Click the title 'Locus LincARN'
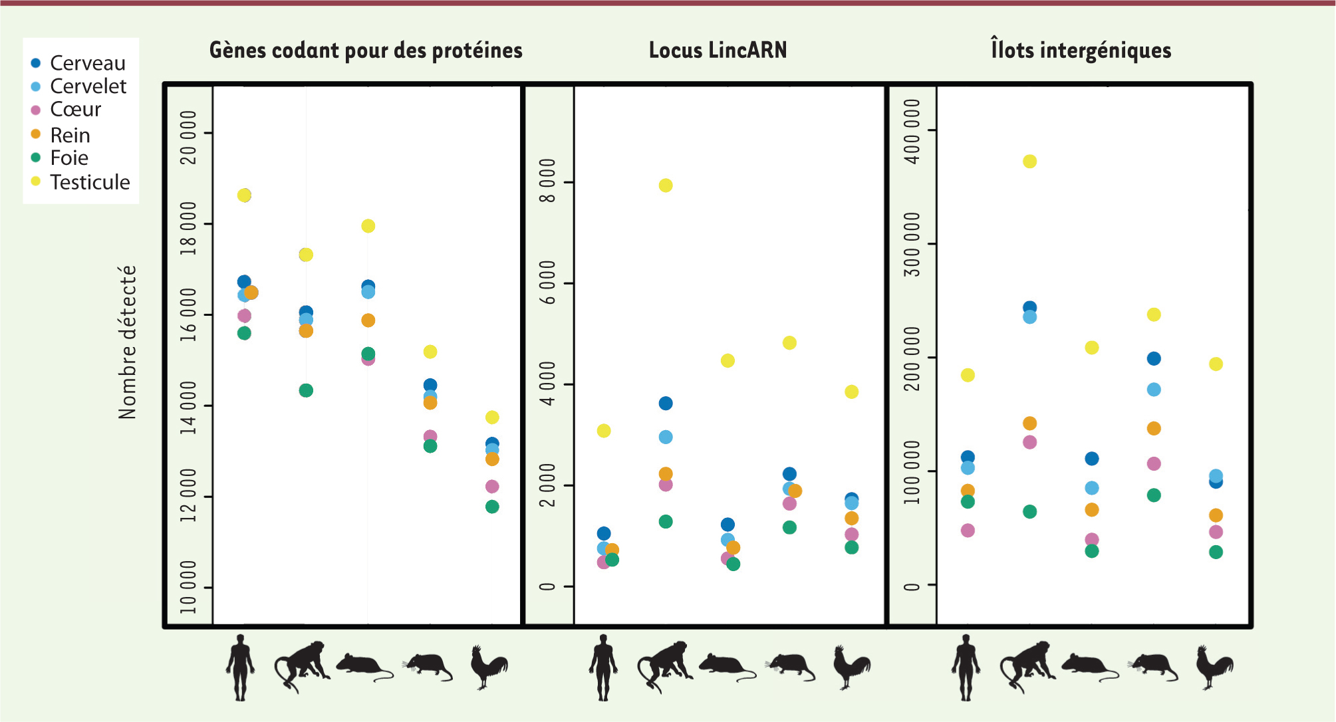point(718,51)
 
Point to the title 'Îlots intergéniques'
point(1081,51)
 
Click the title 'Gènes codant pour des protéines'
point(366,51)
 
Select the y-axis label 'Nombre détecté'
point(127,342)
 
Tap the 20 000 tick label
point(189,137)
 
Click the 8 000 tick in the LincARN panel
point(547,181)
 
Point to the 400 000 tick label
point(913,131)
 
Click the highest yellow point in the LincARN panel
point(666,185)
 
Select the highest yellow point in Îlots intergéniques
point(1029,162)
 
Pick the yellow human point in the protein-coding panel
point(244,195)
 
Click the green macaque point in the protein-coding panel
point(306,390)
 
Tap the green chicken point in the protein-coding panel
point(492,507)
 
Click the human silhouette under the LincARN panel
point(603,667)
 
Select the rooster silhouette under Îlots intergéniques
point(1214,666)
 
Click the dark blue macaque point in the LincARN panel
point(666,404)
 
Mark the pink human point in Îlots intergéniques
point(968,531)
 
